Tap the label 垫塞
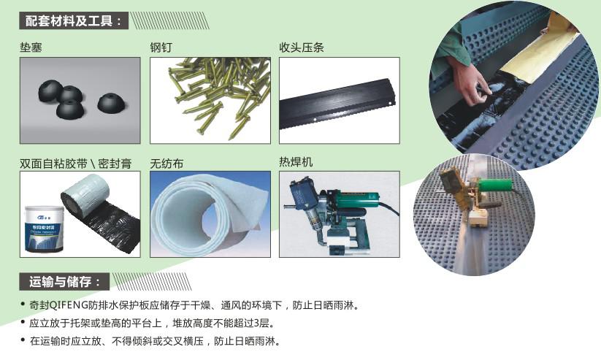point(31,47)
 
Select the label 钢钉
point(161,47)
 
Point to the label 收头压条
point(302,47)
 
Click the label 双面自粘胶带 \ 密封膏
point(75,164)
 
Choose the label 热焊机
point(296,162)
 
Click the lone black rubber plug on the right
point(112,102)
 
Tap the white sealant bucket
point(44,229)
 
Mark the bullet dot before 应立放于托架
point(23,322)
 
